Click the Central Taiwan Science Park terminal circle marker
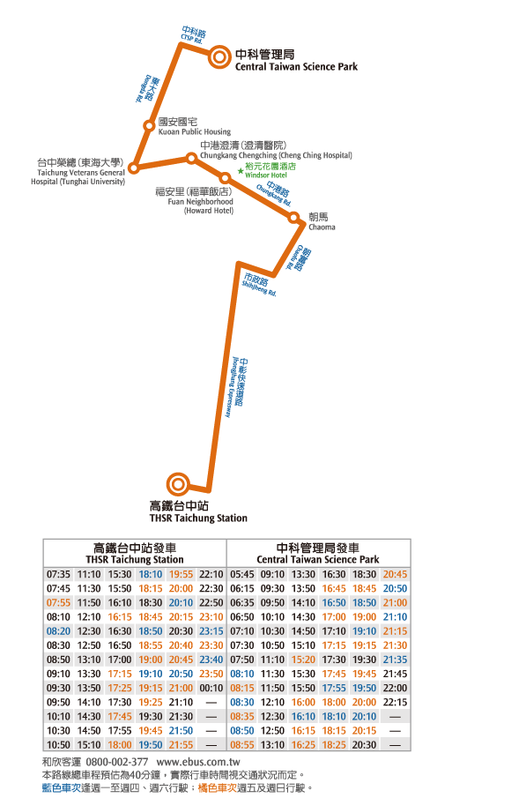coord(219,57)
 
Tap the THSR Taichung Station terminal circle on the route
coord(178,483)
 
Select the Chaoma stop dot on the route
coord(293,218)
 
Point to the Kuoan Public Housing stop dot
coord(149,126)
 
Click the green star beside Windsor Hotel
coord(241,171)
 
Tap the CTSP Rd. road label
coord(193,35)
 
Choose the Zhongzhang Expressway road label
coord(238,387)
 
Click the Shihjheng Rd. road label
coord(259,284)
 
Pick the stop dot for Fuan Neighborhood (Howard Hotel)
coord(225,178)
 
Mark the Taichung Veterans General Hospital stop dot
coord(133,168)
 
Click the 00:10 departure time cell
coord(211,688)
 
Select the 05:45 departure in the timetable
coord(242,574)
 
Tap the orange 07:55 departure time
coord(58,602)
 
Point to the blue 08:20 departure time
coord(58,631)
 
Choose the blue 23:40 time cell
coord(211,660)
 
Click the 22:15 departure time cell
coord(395,702)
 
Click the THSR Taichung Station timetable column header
coord(135,553)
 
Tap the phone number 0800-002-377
coord(117,762)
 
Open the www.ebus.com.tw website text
coord(198,762)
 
